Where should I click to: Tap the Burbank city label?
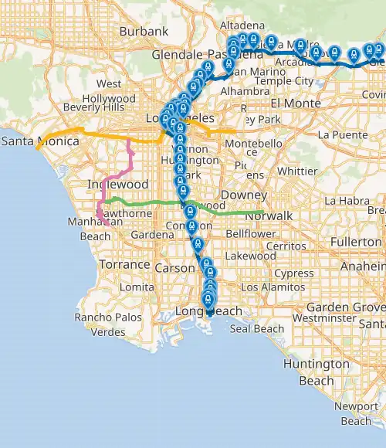click(144, 32)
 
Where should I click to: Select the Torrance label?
click(124, 264)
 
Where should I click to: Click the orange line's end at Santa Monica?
click(37, 148)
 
